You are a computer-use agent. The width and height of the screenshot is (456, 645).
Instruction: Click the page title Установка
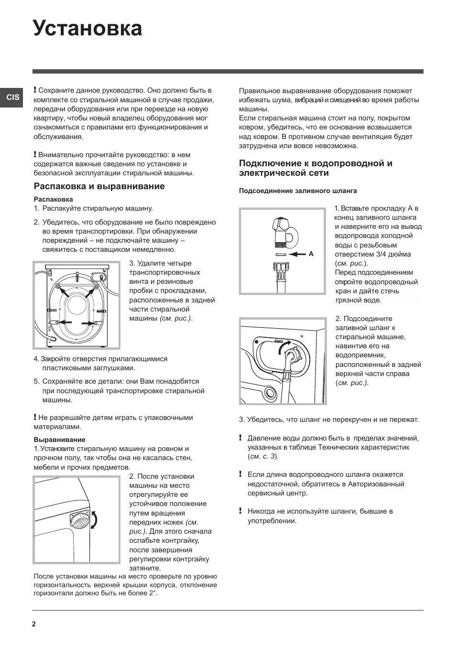pos(87,29)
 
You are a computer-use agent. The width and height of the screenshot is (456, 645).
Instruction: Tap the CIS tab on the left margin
pos(13,97)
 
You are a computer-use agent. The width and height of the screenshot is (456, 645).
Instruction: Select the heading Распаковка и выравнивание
pos(99,186)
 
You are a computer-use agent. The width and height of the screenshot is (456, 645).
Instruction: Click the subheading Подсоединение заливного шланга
pos(298,191)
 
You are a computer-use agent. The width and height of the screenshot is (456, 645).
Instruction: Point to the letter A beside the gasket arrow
pos(311,254)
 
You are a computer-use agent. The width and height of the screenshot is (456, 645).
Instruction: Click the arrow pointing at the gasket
pos(297,254)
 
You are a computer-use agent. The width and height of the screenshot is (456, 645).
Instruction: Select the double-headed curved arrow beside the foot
pos(94,519)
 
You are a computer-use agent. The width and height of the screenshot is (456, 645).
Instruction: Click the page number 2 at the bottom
pos(34,624)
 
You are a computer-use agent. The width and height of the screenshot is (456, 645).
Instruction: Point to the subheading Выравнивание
pos(59,440)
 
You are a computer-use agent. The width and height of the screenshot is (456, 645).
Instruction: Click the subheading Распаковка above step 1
pos(53,199)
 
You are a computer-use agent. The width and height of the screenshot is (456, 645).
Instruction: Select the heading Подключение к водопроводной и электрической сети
pos(315,168)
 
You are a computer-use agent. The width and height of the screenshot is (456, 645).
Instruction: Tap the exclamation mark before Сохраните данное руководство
pos(35,90)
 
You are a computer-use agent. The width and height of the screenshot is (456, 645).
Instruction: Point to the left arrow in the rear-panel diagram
pos(65,323)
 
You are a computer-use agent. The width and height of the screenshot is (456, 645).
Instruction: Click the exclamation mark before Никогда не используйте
pos(241,511)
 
